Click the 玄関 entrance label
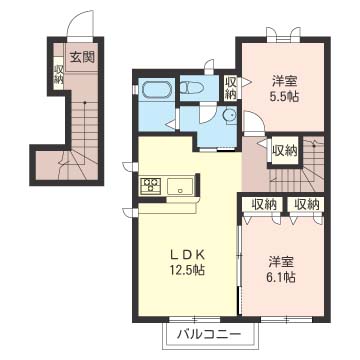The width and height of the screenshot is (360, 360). [x=81, y=56]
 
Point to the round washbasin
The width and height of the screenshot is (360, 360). [x=230, y=116]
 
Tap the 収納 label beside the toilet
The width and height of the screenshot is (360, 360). [x=231, y=88]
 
